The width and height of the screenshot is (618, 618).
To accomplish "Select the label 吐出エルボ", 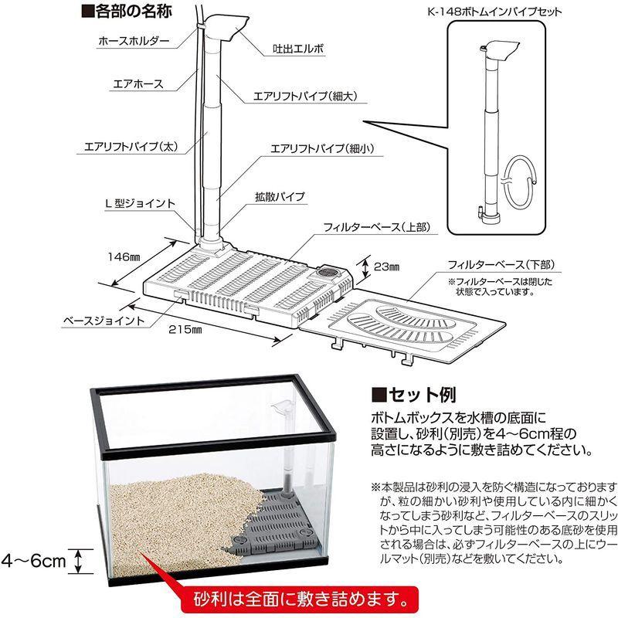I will pos(294,48).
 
